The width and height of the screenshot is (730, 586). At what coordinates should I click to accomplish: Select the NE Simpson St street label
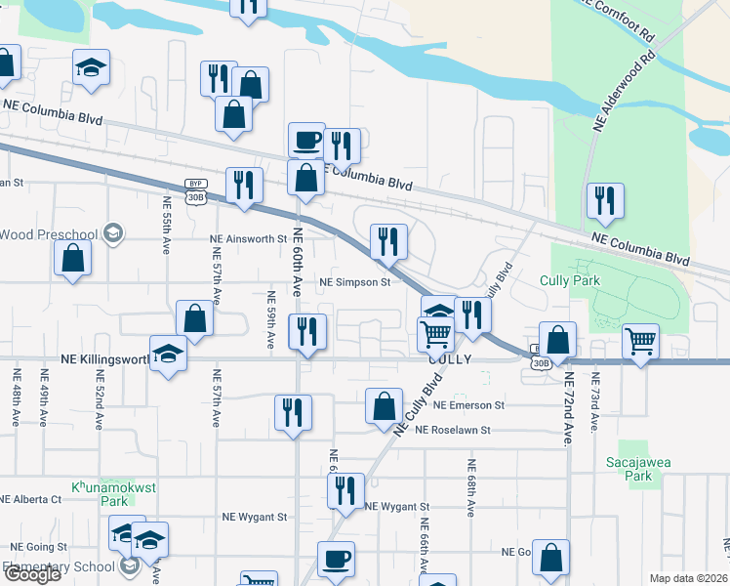coord(355,282)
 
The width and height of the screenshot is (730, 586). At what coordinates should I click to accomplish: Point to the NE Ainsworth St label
coord(247,238)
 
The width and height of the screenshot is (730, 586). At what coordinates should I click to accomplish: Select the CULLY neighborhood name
coord(451,359)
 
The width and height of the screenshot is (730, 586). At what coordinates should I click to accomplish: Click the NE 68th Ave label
coord(471,488)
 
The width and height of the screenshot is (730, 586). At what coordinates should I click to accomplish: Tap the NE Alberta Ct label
coord(30,498)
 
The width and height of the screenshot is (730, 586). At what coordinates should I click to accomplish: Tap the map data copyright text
coord(687,578)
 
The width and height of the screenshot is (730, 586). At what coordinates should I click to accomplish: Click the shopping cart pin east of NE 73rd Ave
coord(640,343)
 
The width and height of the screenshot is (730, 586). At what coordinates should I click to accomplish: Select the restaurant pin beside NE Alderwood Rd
coord(605,201)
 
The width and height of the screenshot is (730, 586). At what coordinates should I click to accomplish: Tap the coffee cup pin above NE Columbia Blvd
coord(306,140)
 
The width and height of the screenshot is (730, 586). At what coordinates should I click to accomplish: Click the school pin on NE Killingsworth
coord(168,353)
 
